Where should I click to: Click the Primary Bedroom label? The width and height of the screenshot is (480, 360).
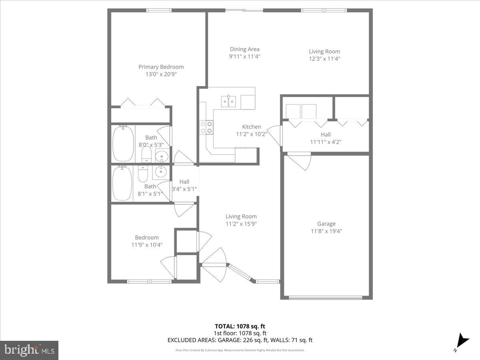pyautogui.click(x=161, y=67)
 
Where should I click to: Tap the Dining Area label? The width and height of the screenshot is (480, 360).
pyautogui.click(x=244, y=49)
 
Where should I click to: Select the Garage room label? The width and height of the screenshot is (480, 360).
pyautogui.click(x=326, y=224)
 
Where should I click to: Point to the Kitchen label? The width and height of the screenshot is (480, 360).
pyautogui.click(x=251, y=127)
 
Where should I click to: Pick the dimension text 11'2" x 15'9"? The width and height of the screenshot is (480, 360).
pyautogui.click(x=241, y=224)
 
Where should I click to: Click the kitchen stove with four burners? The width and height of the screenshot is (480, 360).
pyautogui.click(x=206, y=127)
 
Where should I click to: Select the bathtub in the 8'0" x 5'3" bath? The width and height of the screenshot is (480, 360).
pyautogui.click(x=123, y=144)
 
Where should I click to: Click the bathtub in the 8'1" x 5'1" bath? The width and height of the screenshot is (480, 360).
pyautogui.click(x=122, y=183)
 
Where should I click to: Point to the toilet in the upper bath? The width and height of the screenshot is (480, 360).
pyautogui.click(x=146, y=154)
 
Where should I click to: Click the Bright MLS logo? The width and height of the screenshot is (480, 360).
pyautogui.click(x=29, y=350)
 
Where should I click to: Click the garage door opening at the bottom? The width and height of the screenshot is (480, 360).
pyautogui.click(x=326, y=298)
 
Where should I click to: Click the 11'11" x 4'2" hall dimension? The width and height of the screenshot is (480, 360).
pyautogui.click(x=326, y=142)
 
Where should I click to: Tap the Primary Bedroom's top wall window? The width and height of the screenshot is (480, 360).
pyautogui.click(x=159, y=10)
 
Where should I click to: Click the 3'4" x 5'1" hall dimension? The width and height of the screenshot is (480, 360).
pyautogui.click(x=184, y=189)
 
